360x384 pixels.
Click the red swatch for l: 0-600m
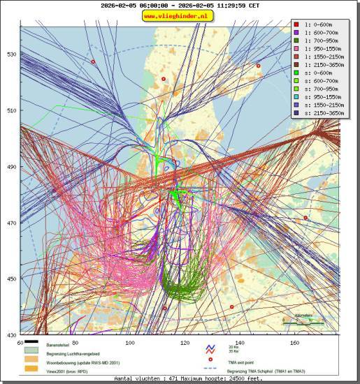point(296,24)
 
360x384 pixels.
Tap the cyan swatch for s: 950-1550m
point(296,96)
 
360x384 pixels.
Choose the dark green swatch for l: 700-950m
point(296,40)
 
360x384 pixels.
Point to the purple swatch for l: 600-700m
point(296,32)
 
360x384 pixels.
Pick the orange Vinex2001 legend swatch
point(30,369)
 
